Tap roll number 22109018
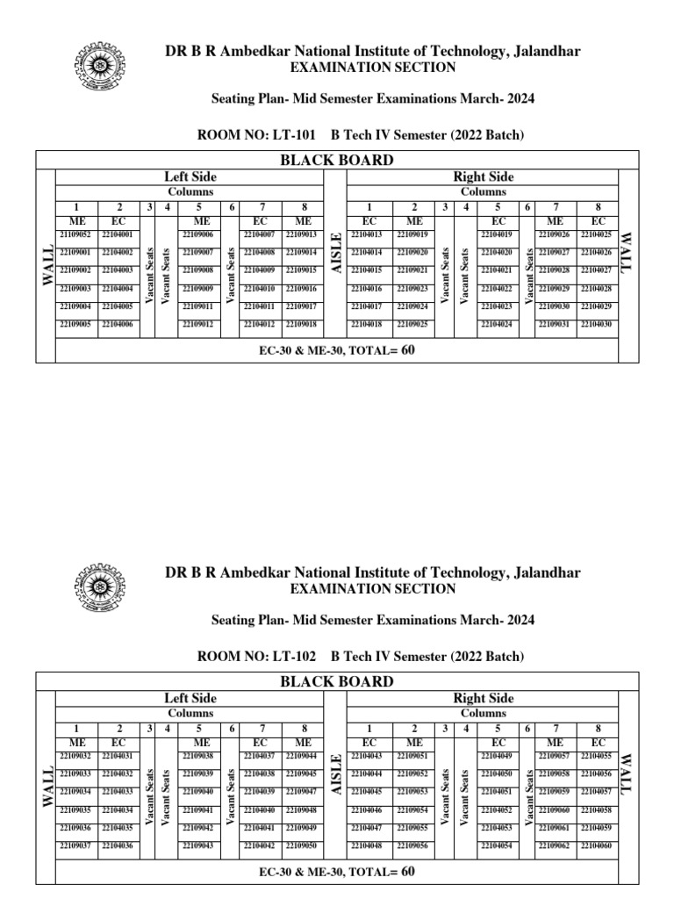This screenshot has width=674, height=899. (301, 325)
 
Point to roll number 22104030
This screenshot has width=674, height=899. (597, 325)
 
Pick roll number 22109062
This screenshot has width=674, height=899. (555, 845)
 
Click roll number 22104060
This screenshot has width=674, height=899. (597, 845)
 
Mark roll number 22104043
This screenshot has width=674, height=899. (366, 756)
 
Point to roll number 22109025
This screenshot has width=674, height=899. (412, 325)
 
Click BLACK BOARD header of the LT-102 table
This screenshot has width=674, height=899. (336, 681)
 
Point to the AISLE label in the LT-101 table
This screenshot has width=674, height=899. (334, 253)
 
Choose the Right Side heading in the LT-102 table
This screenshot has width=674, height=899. (483, 698)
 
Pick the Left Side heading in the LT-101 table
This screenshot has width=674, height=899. (190, 177)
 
